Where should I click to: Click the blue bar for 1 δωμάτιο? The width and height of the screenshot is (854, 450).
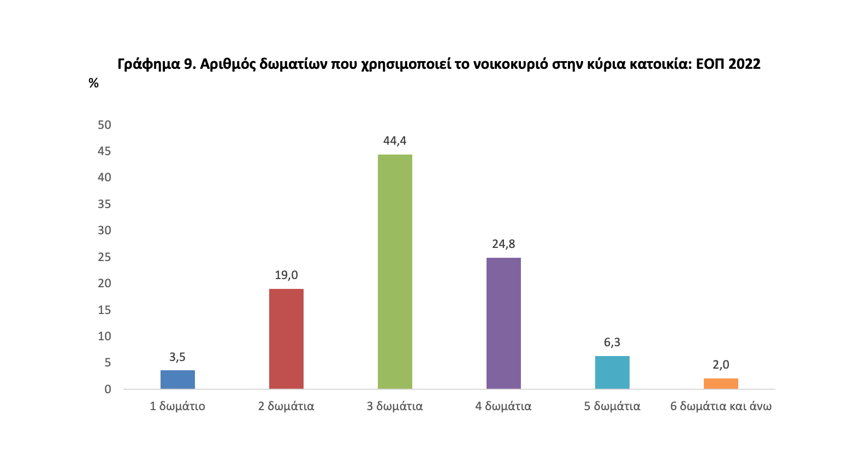[x=177, y=380]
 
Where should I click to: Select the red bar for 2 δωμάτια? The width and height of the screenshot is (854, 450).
[x=286, y=339]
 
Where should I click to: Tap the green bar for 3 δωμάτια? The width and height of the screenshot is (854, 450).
[x=395, y=271]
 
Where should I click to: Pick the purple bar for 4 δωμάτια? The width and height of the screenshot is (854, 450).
[x=503, y=323]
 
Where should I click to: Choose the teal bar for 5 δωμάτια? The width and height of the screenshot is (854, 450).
[x=612, y=372]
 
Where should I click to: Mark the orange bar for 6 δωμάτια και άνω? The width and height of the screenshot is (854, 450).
[x=721, y=383]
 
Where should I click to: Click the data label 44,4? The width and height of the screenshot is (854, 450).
[x=395, y=141]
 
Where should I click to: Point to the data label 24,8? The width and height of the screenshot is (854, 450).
[x=503, y=244]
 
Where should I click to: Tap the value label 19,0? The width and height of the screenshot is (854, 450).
[x=286, y=275]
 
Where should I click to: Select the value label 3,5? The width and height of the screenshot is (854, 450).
[x=177, y=357]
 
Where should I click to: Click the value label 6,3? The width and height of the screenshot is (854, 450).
[x=612, y=343]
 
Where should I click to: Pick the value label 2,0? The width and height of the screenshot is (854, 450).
[x=721, y=365]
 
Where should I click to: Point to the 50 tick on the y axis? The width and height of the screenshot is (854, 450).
[x=104, y=125]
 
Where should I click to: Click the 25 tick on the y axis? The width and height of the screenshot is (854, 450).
[x=104, y=257]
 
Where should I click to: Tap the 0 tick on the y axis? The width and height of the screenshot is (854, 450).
[x=108, y=389]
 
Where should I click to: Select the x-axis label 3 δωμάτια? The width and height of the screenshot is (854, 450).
[x=395, y=406]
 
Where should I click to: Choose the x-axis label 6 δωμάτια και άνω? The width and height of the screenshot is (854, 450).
[x=721, y=406]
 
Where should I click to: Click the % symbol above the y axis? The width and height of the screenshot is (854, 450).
[x=93, y=84]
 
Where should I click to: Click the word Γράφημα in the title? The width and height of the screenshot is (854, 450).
[x=146, y=64]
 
